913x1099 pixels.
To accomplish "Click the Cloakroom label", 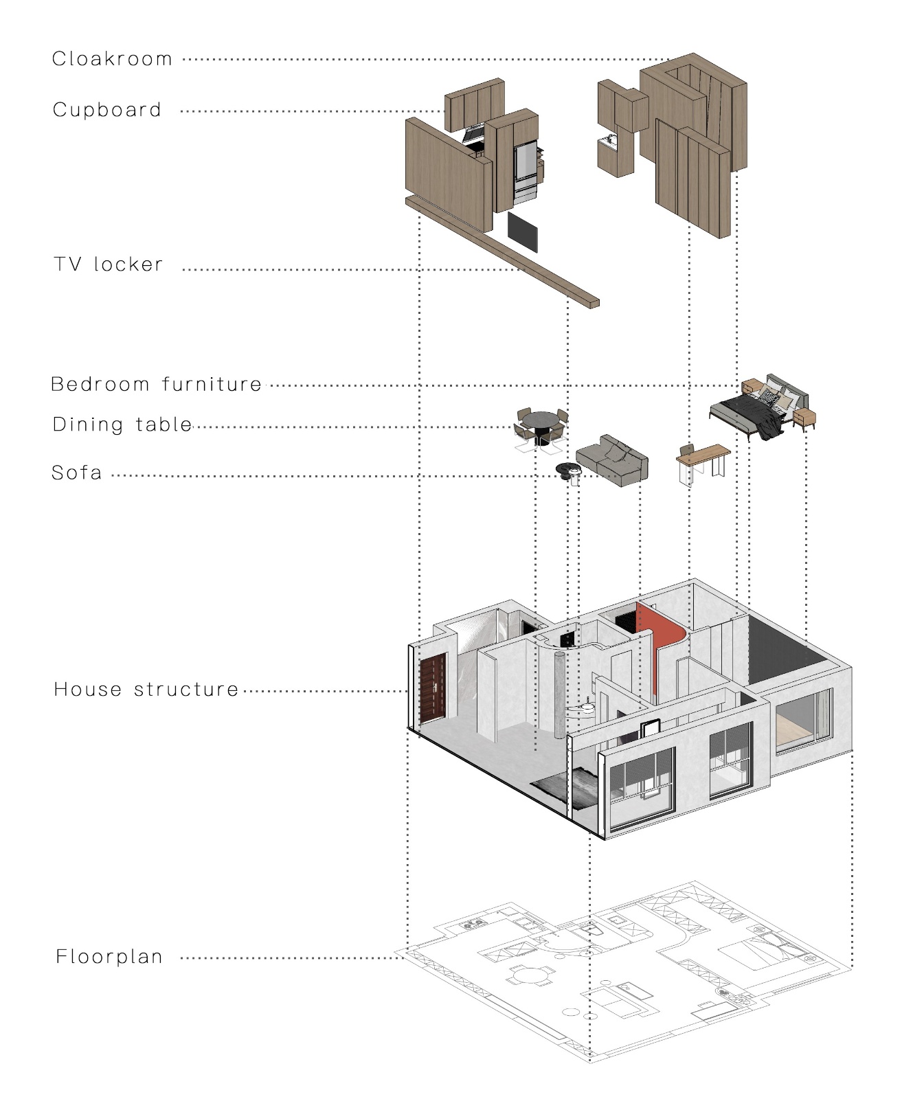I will click(112, 59).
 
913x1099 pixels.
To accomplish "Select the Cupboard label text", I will click(107, 110).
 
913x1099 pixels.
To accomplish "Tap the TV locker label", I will click(109, 264).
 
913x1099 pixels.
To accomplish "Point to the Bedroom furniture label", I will click(157, 384).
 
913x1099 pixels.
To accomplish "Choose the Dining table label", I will click(122, 424).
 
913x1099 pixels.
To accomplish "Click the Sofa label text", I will click(77, 473).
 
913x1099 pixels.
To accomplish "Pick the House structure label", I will click(146, 690).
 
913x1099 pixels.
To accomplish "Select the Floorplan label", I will click(109, 957).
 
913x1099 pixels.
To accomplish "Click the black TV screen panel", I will click(522, 232).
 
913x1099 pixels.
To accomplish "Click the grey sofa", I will click(612, 461).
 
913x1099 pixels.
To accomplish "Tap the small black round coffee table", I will click(569, 470).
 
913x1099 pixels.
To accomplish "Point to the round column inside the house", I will click(561, 694).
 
